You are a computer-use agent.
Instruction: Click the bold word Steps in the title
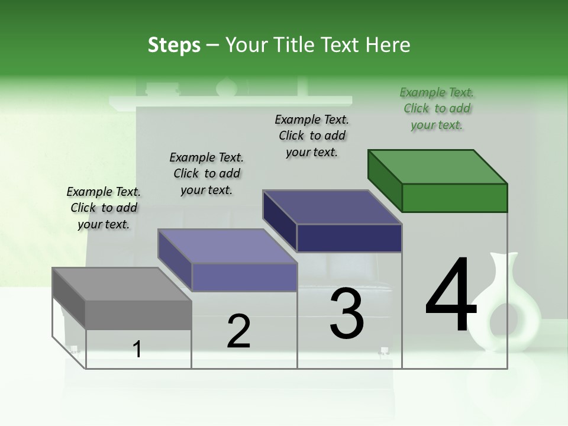coord(174,45)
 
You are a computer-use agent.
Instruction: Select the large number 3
coord(347,314)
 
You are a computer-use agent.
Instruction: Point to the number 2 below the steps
coord(239,331)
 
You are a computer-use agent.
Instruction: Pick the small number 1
coord(137,350)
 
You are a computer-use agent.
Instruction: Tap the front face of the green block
coord(454,198)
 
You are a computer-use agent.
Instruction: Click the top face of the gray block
coord(122,284)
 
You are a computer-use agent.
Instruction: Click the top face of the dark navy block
coord(333,207)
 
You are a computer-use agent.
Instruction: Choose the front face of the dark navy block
coord(349,238)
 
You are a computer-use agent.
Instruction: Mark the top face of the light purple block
coord(227,246)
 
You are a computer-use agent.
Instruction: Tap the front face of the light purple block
coord(244,277)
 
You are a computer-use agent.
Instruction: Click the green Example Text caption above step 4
coord(437,108)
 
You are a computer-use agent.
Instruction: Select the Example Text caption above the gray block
coord(104,208)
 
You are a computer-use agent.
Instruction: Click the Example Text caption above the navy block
coord(312,135)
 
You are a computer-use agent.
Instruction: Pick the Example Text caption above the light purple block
coord(206,173)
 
